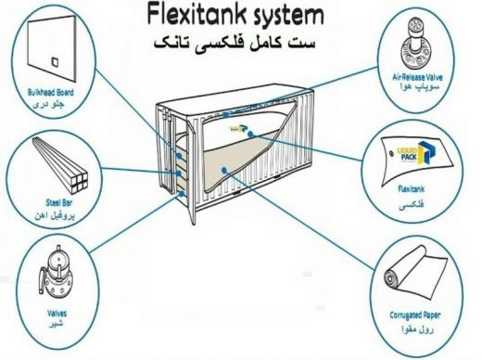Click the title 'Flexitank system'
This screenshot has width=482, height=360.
pyautogui.click(x=235, y=15)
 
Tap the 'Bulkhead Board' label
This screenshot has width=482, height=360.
pyautogui.click(x=51, y=92)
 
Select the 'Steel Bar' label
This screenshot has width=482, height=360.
pyautogui.click(x=59, y=203)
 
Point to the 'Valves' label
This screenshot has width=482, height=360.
pyautogui.click(x=57, y=314)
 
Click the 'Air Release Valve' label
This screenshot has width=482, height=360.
pyautogui.click(x=417, y=77)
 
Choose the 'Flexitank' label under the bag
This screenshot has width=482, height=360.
pyautogui.click(x=412, y=188)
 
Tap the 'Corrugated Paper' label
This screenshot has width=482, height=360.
pyautogui.click(x=415, y=315)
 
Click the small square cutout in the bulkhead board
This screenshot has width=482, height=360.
pyautogui.click(x=55, y=61)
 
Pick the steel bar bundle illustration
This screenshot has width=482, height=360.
pyautogui.click(x=60, y=163)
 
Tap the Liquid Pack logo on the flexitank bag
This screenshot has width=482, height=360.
pyautogui.click(x=415, y=153)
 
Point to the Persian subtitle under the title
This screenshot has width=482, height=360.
pyautogui.click(x=235, y=43)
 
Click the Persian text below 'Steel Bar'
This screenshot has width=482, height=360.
pyautogui.click(x=55, y=215)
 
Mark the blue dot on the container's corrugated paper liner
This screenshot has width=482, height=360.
pyautogui.click(x=223, y=169)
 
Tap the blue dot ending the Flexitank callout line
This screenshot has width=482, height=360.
pyautogui.click(x=251, y=135)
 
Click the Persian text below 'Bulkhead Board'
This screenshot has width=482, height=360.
pyautogui.click(x=48, y=104)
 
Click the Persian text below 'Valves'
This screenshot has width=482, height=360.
pyautogui.click(x=57, y=324)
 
